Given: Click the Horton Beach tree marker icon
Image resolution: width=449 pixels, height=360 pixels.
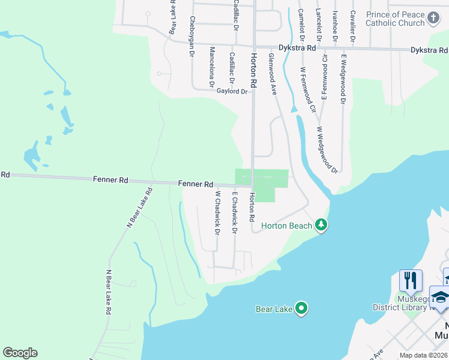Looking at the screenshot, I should coord(322,225).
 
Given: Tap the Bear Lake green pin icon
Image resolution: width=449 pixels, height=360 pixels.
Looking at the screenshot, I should coord(301,309).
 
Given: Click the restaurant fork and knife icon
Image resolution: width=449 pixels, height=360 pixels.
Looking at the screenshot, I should coord(411,280).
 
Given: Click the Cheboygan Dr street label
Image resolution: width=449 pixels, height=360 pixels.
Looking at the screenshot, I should coord(192,36).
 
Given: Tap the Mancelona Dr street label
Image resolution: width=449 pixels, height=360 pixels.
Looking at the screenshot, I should coord(211,67).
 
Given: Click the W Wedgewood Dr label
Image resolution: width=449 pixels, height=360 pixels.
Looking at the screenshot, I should coord(328,150).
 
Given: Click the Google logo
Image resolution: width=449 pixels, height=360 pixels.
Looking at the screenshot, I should coord(20,353).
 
